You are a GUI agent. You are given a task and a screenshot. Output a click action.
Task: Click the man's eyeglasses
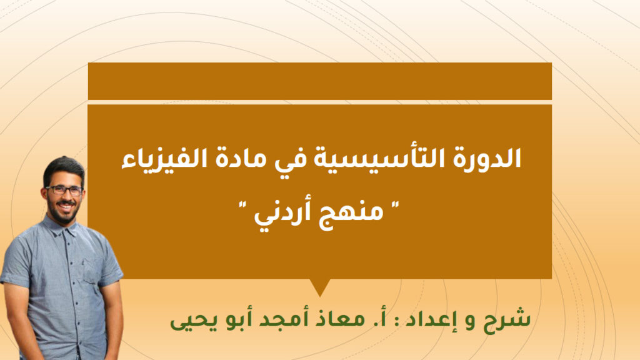(x=64, y=190)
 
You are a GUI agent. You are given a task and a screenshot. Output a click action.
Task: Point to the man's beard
(x=63, y=212)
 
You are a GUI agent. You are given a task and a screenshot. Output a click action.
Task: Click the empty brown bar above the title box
(x=319, y=81)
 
